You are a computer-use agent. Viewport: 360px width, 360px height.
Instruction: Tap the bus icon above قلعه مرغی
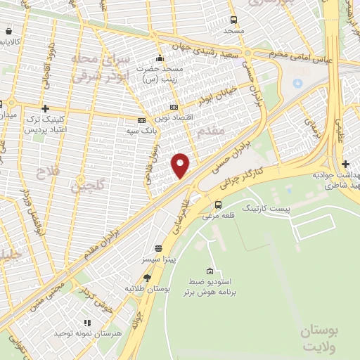pyautogui.click(x=218, y=205)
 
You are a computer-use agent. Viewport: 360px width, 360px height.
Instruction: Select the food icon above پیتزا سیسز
pyautogui.click(x=157, y=248)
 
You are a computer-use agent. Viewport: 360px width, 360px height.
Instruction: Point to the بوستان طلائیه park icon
pyautogui.click(x=147, y=278)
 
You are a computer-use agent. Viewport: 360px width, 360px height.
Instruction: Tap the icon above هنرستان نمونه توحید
pyautogui.click(x=87, y=322)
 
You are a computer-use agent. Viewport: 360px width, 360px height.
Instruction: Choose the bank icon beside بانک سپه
pyautogui.click(x=141, y=120)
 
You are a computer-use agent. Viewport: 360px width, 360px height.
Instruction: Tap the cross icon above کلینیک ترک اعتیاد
pyautogui.click(x=46, y=108)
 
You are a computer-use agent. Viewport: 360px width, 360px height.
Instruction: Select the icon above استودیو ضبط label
pyautogui.click(x=210, y=271)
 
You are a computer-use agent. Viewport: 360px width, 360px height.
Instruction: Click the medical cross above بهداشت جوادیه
pyautogui.click(x=345, y=164)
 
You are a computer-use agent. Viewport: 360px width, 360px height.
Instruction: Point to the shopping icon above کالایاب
pyautogui.click(x=8, y=32)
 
